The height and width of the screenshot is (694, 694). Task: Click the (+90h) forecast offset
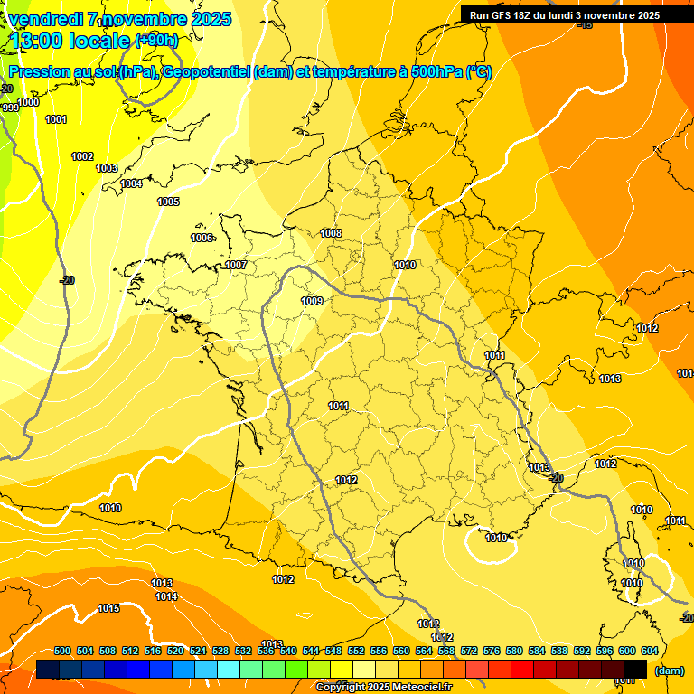(156, 40)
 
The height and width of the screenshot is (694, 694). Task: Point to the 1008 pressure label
(331, 233)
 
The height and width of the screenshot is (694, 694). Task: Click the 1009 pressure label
(312, 301)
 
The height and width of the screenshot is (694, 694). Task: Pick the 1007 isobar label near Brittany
(236, 265)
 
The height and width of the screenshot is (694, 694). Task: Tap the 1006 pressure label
(202, 238)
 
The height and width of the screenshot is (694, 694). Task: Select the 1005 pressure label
(168, 202)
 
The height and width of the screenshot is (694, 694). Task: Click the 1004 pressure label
(131, 183)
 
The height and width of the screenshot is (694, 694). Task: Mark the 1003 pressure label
(107, 168)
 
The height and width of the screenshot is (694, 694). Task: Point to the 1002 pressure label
(82, 156)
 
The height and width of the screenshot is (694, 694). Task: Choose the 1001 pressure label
(55, 119)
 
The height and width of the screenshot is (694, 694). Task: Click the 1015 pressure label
(108, 608)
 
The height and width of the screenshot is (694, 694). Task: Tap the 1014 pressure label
(165, 596)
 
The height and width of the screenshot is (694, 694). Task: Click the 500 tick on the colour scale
(62, 651)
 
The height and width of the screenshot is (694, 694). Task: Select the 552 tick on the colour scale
(356, 651)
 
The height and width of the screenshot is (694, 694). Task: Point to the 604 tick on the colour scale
(649, 651)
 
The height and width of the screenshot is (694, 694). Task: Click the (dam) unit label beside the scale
(669, 671)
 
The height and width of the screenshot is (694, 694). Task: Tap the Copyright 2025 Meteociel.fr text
(383, 688)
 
